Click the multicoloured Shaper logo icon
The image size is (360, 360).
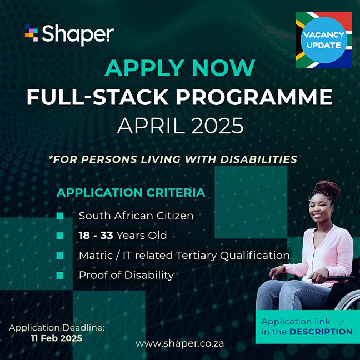(31, 33)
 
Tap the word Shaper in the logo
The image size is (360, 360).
(78, 35)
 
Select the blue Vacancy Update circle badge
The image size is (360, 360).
(324, 40)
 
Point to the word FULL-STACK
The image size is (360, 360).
(98, 97)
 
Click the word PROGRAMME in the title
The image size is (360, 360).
(254, 97)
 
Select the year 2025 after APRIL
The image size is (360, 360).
(217, 126)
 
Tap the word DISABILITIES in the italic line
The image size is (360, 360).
(258, 159)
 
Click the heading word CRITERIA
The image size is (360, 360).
(176, 192)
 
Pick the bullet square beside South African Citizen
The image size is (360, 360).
(60, 216)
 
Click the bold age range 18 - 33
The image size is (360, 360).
(96, 236)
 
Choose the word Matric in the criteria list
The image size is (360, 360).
(96, 256)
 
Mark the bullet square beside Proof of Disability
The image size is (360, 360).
(60, 276)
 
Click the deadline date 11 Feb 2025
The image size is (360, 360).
(57, 338)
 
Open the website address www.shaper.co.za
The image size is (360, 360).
(179, 343)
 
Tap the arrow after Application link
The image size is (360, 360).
(340, 321)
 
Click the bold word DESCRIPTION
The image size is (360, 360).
(321, 332)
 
